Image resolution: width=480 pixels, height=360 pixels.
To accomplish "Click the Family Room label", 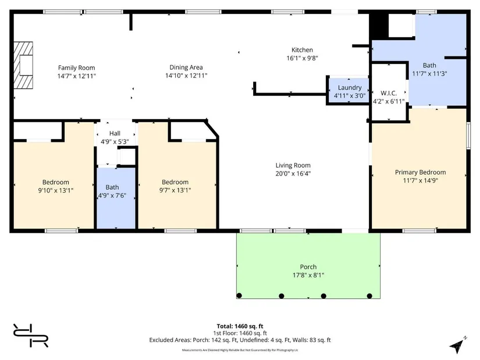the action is tap(77, 67).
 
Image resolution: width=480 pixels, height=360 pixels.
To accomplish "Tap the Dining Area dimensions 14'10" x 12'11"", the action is tap(186, 76).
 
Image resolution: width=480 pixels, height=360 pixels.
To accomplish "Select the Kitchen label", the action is tap(302, 50).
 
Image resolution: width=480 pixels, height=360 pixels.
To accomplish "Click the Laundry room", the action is tap(349, 91).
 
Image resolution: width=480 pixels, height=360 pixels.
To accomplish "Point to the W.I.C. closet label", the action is tap(389, 93).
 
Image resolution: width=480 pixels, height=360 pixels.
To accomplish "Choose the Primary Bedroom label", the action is tap(420, 172).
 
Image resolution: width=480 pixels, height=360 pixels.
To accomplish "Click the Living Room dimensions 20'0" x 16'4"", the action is tap(293, 173).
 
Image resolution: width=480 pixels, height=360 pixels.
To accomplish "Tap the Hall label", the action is tap(115, 133).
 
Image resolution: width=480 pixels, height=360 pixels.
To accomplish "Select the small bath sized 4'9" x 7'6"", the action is tap(116, 198).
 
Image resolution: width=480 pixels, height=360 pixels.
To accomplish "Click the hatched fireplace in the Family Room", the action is tap(23, 65).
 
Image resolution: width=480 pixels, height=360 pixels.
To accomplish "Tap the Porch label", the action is tap(308, 267).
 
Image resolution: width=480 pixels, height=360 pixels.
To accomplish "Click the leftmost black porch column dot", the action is tap(239, 295).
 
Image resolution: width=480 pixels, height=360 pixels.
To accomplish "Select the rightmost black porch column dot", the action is tap(369, 295).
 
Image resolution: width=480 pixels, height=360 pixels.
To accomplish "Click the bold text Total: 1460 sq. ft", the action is tap(240, 326).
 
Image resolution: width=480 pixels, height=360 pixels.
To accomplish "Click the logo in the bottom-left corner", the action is tap(31, 336).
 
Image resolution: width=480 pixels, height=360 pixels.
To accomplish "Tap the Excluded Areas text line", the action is tap(240, 340).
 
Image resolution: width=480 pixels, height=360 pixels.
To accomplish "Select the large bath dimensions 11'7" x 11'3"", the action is tap(429, 74).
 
